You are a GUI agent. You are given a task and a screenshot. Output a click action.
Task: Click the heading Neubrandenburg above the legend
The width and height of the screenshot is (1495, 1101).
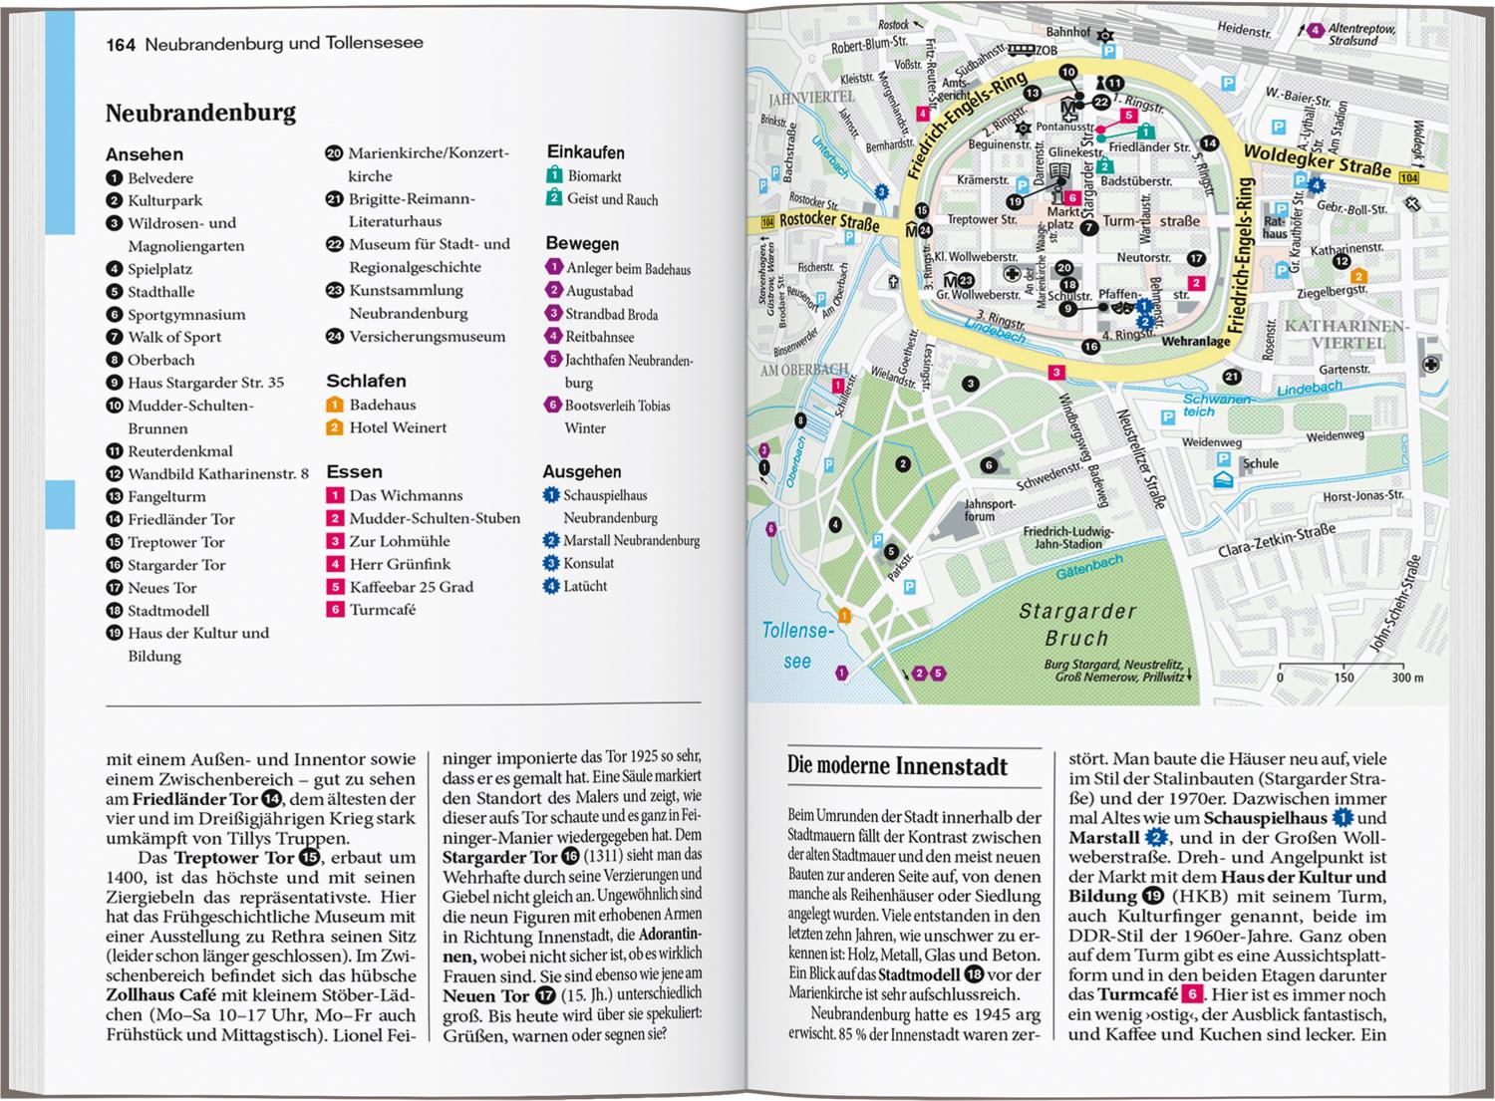pyautogui.click(x=200, y=113)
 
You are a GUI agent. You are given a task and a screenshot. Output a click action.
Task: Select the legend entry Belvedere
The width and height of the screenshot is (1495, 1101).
pyautogui.click(x=159, y=178)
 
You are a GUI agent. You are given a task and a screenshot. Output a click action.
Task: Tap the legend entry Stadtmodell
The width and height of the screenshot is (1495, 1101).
pyautogui.click(x=167, y=611)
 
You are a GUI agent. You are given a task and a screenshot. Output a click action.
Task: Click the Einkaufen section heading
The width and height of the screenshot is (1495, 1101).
pyautogui.click(x=585, y=152)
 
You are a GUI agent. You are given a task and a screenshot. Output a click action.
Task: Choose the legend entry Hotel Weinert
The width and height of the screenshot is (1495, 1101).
pyautogui.click(x=397, y=427)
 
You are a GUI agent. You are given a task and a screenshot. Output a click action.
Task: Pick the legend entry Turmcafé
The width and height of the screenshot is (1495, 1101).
pyautogui.click(x=382, y=610)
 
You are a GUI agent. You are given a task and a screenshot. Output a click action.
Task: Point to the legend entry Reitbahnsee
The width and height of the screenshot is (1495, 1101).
pyautogui.click(x=599, y=337)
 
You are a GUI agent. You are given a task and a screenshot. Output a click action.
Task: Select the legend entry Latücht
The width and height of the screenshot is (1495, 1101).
pyautogui.click(x=584, y=586)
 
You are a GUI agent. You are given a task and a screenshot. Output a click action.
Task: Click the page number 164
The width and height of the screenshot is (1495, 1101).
pyautogui.click(x=121, y=44)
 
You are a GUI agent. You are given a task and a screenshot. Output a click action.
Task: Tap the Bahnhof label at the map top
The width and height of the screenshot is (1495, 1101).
pyautogui.click(x=1067, y=32)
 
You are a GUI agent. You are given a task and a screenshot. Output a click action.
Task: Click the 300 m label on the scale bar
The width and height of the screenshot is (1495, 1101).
pyautogui.click(x=1407, y=678)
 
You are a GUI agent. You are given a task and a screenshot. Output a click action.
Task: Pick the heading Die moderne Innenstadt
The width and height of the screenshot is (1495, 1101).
pyautogui.click(x=897, y=766)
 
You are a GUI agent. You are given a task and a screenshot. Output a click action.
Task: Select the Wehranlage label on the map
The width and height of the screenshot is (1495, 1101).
pyautogui.click(x=1195, y=342)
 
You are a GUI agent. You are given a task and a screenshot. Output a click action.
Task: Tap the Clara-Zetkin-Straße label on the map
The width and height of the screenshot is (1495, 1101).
pyautogui.click(x=1277, y=542)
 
